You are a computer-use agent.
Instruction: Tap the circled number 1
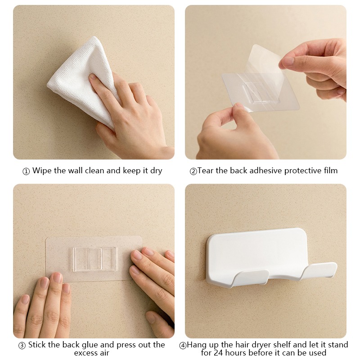pos(26,171)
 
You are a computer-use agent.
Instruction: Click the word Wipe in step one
pos(42,171)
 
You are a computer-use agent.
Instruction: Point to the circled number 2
pos(193,171)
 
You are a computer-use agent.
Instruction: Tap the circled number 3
pos(22,346)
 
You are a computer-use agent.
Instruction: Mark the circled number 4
pos(183,346)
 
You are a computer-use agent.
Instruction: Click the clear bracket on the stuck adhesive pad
pos(95,259)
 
